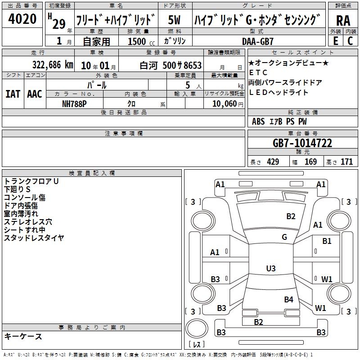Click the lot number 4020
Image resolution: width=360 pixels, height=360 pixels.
pyautogui.click(x=22, y=19)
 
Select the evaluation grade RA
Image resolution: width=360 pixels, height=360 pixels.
pyautogui.click(x=343, y=21)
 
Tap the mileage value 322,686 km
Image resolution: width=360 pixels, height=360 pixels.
pyautogui.click(x=53, y=65)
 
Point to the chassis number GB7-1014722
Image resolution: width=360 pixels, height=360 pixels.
pyautogui.click(x=302, y=143)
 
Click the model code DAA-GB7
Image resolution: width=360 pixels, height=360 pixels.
pyautogui.click(x=257, y=41)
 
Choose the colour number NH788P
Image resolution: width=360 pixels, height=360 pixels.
pyautogui.click(x=74, y=104)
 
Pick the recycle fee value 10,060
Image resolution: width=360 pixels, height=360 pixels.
pyautogui.click(x=225, y=104)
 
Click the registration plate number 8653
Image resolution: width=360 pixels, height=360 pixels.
pyautogui.click(x=193, y=65)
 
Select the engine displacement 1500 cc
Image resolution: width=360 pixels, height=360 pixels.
pyautogui.click(x=141, y=41)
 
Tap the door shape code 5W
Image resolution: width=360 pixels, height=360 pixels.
pyautogui.click(x=174, y=20)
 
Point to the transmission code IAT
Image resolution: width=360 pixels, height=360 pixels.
pyautogui.click(x=13, y=94)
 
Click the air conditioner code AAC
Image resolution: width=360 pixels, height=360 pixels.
pyautogui.click(x=35, y=94)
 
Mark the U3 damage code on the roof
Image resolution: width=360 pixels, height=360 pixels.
pyautogui.click(x=271, y=268)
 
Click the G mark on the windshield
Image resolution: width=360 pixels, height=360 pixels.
pyautogui.click(x=284, y=237)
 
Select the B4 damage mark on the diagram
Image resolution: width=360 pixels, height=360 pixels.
pyautogui.click(x=288, y=299)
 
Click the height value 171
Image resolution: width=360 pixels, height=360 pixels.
pyautogui.click(x=346, y=162)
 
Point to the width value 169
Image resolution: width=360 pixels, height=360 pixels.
pyautogui.click(x=310, y=162)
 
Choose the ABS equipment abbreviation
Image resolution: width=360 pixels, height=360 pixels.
pyautogui.click(x=258, y=121)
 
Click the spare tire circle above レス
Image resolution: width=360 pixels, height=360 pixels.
pyautogui.click(x=197, y=328)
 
